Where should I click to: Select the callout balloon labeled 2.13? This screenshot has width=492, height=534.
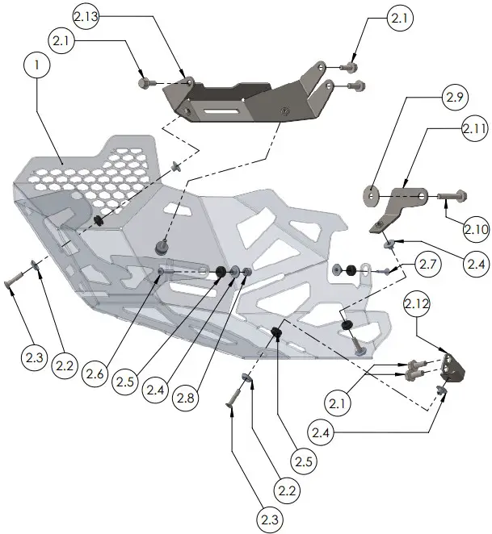87,17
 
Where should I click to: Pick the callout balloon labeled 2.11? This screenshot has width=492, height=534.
474,128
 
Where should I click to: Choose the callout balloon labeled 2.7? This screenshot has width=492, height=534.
427,265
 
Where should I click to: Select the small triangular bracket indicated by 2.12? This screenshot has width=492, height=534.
452,368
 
